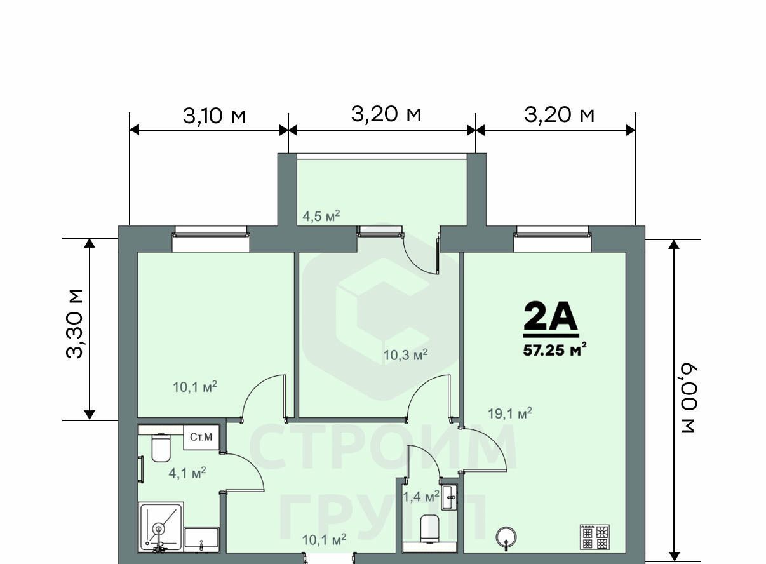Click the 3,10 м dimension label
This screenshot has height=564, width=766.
(x=214, y=116)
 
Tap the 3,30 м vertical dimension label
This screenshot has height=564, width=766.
(x=74, y=323)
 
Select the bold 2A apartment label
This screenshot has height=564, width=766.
(x=551, y=316)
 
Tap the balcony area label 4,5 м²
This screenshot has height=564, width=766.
(x=321, y=216)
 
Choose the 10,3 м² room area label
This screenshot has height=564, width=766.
(x=405, y=355)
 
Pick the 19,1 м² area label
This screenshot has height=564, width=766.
(x=509, y=413)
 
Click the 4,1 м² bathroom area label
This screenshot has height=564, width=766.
(x=187, y=473)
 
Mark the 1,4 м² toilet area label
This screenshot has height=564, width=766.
(x=421, y=496)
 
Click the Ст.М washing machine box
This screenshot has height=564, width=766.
(x=201, y=437)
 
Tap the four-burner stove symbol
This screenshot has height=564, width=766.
(x=595, y=537)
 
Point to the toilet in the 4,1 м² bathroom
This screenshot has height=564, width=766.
(x=161, y=447)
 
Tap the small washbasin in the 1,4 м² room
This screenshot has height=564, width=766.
(x=449, y=497)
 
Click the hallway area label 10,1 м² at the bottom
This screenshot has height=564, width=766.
(x=324, y=540)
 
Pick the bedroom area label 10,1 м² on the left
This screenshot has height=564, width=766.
(x=195, y=387)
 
